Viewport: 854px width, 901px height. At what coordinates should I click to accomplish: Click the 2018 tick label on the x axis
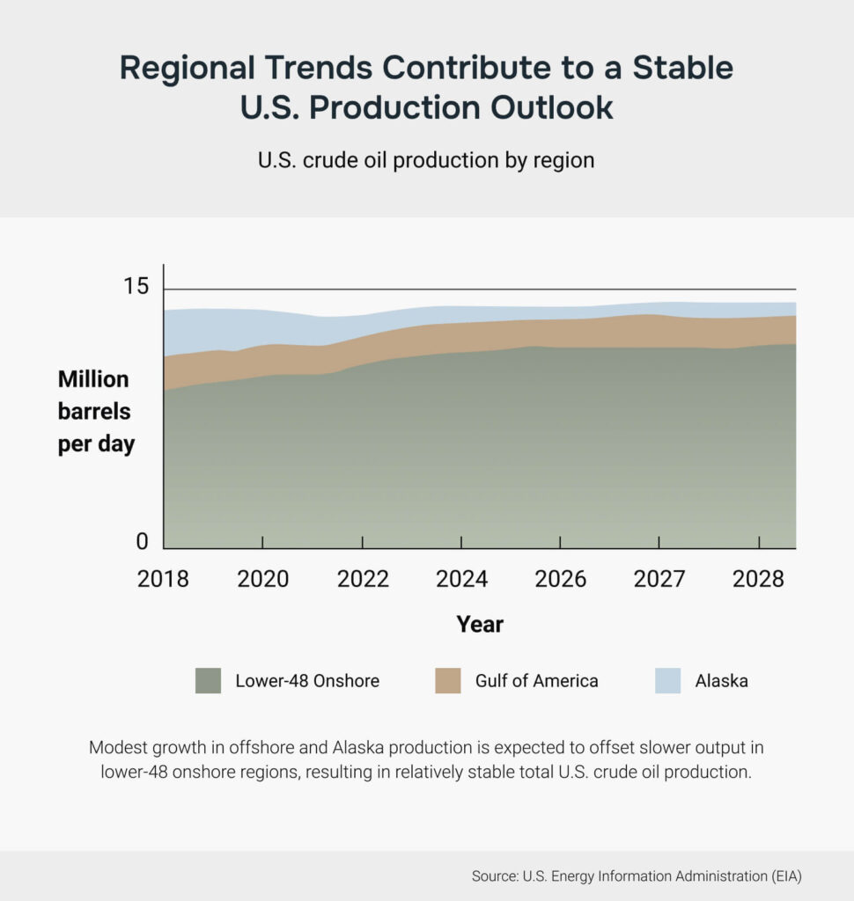164,579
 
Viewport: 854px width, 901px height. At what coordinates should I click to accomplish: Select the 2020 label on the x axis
263,579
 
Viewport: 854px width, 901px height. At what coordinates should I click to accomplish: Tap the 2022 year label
363,579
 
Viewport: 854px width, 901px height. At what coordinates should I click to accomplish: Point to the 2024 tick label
461,579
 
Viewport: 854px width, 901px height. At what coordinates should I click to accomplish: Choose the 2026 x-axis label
561,579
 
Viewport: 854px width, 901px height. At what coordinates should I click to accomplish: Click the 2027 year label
659,579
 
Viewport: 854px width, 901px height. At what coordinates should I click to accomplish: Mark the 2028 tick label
759,579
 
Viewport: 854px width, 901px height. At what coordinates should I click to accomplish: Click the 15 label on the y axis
136,288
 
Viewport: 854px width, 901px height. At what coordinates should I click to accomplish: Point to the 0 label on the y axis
143,542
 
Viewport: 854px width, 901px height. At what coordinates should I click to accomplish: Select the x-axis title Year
480,625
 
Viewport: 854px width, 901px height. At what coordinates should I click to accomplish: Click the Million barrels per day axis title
96,412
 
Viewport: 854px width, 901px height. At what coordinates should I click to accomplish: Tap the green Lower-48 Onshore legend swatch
209,680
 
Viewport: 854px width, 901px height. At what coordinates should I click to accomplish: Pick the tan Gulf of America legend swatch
448,680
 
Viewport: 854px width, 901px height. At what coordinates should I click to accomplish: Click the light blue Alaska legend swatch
668,680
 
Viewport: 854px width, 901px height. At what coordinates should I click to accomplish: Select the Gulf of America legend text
536,681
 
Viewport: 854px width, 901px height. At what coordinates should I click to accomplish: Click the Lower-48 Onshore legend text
307,681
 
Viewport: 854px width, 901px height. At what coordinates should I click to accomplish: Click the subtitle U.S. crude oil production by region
426,161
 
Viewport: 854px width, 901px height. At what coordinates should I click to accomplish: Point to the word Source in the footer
497,876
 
